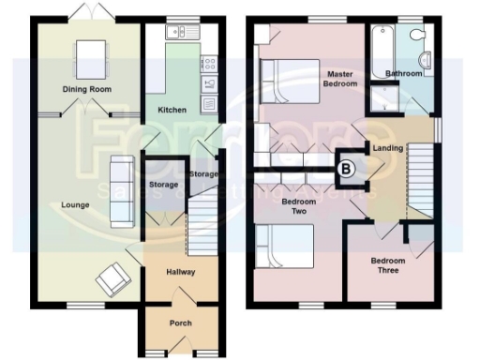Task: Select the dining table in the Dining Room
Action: point(91,52)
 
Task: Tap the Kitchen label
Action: point(172,110)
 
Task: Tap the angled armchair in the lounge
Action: point(114,275)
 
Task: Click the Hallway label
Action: point(181,272)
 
